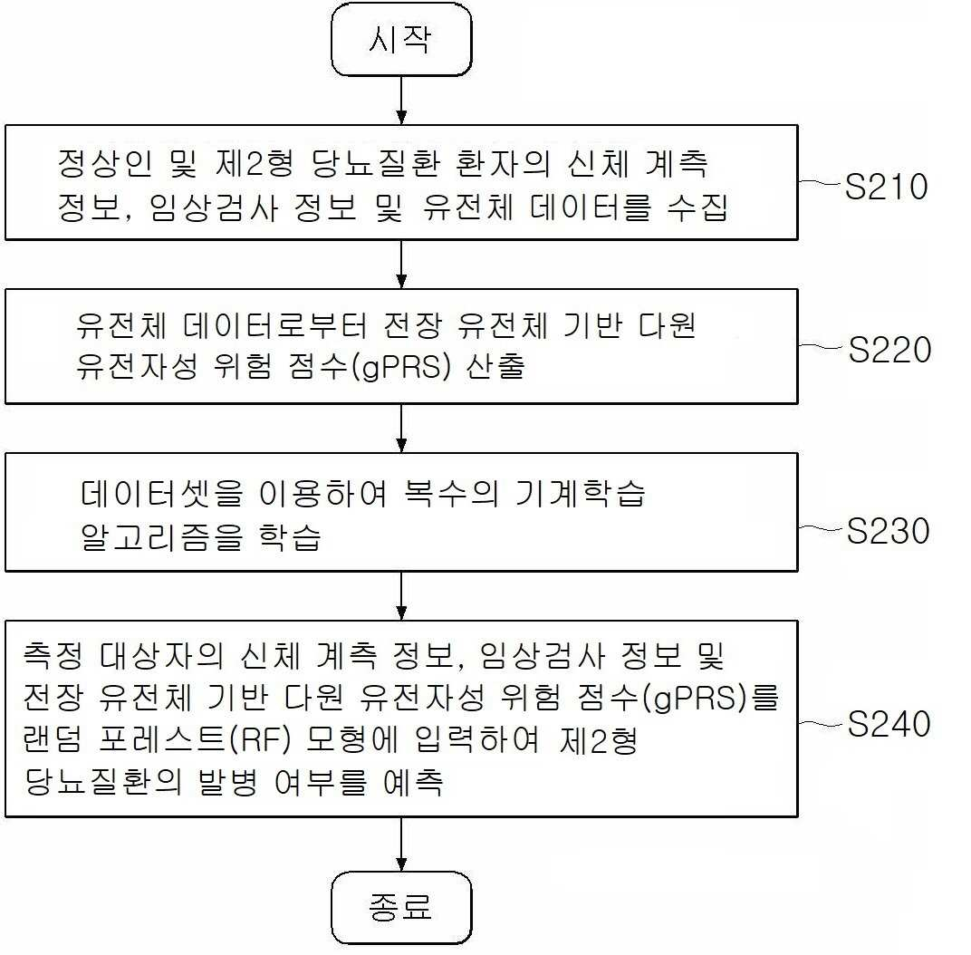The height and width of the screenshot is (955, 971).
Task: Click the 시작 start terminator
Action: click(401, 40)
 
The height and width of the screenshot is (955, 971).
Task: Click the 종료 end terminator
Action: click(401, 907)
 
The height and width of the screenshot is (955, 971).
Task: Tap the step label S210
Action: click(886, 186)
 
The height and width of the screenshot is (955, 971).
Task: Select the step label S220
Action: click(889, 350)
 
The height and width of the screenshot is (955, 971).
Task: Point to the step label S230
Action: click(888, 531)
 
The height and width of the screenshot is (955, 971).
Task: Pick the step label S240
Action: click(889, 723)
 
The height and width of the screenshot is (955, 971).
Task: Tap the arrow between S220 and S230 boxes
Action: click(401, 429)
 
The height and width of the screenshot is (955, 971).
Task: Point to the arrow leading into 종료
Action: click(401, 844)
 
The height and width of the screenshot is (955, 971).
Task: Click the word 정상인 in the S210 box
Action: click(105, 163)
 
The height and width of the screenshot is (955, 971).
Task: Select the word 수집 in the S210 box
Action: click(697, 207)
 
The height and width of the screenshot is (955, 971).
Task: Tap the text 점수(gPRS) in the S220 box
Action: click(369, 365)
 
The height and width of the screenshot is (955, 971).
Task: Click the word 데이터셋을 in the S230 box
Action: click(161, 494)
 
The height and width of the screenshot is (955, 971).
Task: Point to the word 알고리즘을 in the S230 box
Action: click(161, 537)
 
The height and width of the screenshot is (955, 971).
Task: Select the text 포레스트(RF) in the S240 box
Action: click(194, 739)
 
